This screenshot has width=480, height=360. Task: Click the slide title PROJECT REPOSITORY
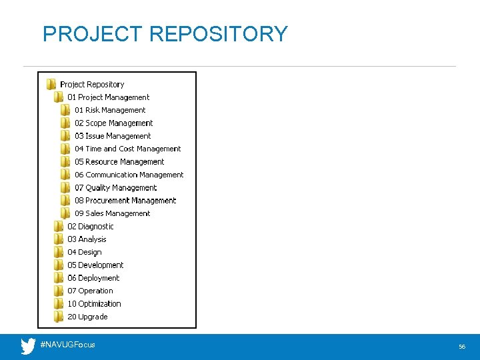point(165,33)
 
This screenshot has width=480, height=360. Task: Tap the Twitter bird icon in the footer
point(28,346)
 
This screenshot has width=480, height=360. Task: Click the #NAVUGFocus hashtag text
point(68,345)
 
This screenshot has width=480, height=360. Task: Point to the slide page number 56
point(462,347)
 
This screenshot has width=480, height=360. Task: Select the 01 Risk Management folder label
point(110,110)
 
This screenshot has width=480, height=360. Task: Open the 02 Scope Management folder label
point(114,123)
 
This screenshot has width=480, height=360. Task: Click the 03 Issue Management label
point(113,136)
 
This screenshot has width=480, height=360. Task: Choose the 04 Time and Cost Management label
point(128,149)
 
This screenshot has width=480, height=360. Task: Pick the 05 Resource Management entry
point(119,162)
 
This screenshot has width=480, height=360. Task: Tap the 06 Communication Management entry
point(129,175)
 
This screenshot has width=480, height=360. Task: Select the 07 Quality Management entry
point(116,188)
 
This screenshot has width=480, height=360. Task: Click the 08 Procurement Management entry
point(125,201)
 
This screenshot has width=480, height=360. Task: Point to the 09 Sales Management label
point(113,213)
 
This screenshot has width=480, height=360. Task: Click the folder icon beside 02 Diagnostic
point(59,227)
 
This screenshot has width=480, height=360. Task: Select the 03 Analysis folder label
point(87,239)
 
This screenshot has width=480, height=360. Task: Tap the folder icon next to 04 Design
point(59,252)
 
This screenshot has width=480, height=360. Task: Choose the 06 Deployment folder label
point(93,278)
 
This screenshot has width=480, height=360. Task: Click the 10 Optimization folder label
point(94,304)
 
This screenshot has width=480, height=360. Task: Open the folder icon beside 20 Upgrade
point(59,317)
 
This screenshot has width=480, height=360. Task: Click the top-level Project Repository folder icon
point(51,85)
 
